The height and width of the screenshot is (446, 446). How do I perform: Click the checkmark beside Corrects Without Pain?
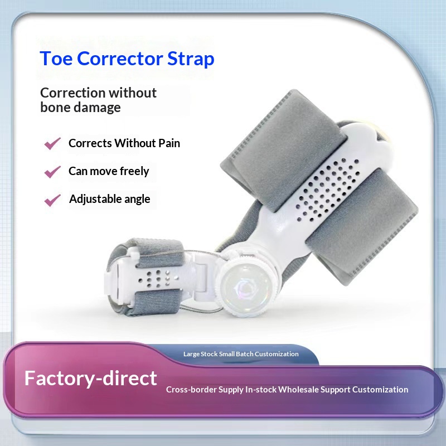point(52,144)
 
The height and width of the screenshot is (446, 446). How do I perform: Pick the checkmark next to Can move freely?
point(52,172)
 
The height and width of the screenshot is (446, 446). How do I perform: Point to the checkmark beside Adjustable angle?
point(52,200)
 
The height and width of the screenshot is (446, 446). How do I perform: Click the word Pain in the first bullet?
point(168,143)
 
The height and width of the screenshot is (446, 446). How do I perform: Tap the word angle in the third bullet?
point(138,199)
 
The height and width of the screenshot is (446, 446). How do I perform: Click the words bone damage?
point(80,108)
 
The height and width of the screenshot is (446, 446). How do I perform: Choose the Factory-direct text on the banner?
point(90,379)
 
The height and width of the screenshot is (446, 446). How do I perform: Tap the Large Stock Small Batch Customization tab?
point(241,354)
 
